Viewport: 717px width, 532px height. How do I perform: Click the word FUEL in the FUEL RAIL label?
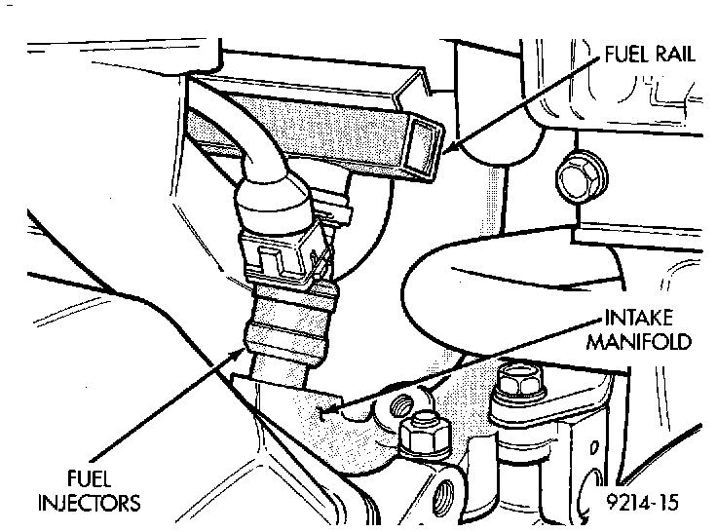(623, 56)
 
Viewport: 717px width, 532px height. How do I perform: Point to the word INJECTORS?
(90, 503)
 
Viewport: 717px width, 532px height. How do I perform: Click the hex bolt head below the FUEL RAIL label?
(574, 178)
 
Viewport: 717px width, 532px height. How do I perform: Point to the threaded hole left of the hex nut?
(401, 402)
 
